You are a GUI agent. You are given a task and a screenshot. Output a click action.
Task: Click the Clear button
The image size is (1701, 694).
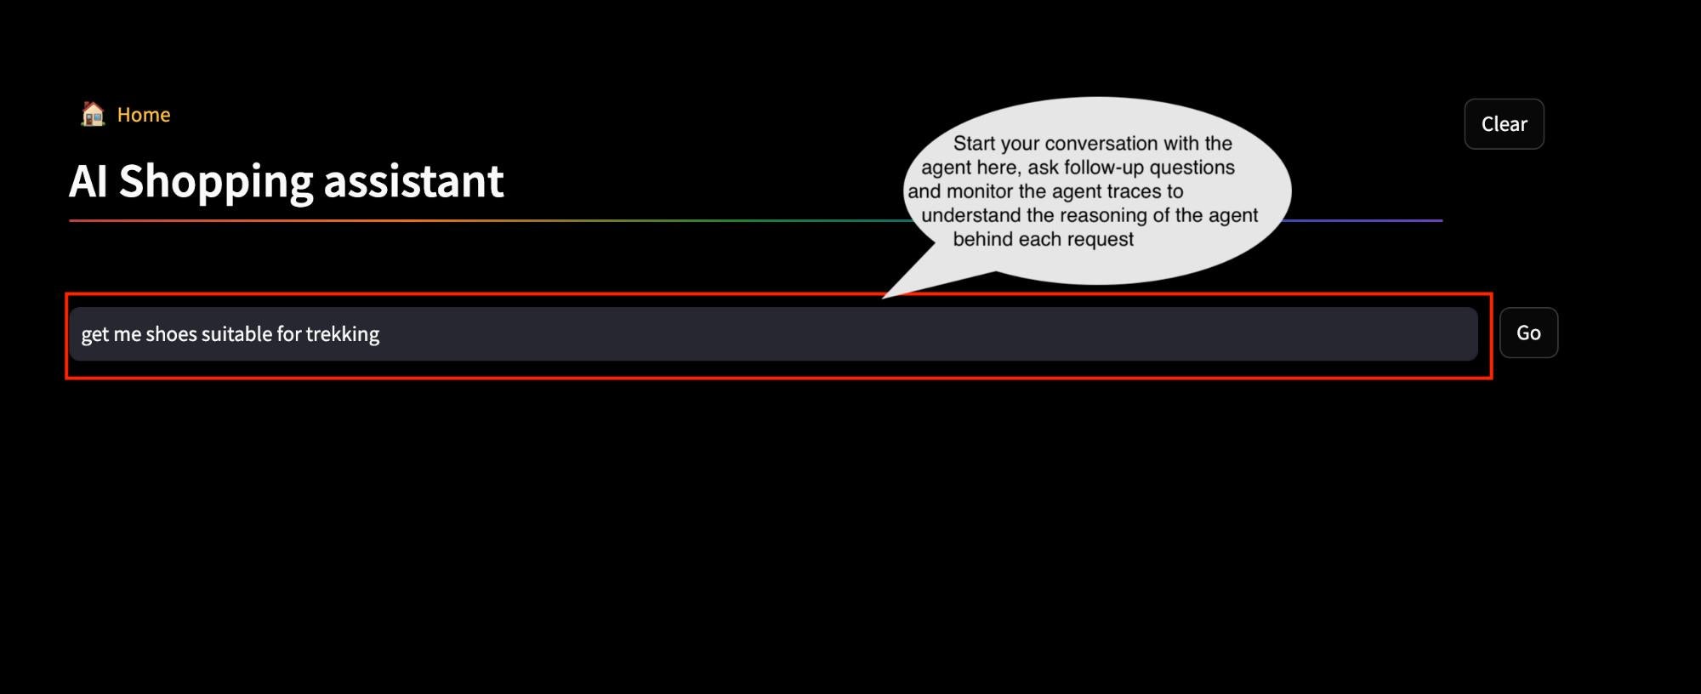click(x=1504, y=124)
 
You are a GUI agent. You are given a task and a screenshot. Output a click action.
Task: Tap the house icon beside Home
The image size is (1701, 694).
click(x=93, y=114)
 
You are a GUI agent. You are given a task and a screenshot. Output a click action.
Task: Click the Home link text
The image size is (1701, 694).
click(x=144, y=115)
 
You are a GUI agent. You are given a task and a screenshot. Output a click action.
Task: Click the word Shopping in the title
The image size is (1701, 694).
click(x=216, y=182)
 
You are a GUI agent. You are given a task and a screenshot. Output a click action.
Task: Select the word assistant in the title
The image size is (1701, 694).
click(x=413, y=181)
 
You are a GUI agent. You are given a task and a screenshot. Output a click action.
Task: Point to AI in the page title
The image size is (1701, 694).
click(x=88, y=181)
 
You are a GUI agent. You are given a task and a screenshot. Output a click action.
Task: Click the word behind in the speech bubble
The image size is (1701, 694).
click(x=982, y=239)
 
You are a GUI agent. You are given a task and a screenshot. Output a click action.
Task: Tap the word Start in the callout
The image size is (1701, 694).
click(x=974, y=144)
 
